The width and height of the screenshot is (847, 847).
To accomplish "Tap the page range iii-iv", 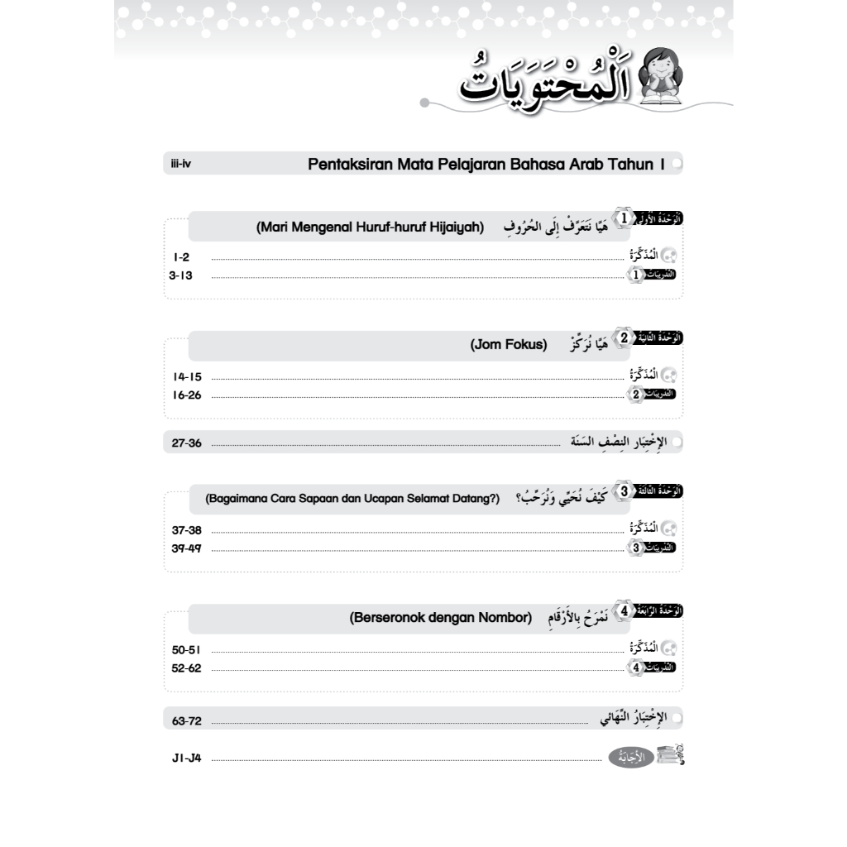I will [x=180, y=165].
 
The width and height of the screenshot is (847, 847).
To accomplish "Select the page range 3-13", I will [x=180, y=275].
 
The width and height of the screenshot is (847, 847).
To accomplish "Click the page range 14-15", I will [x=187, y=376].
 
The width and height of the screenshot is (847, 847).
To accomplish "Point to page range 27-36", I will [x=186, y=443].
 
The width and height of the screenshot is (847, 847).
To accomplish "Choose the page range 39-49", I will [x=187, y=548].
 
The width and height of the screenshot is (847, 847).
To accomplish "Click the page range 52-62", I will [x=187, y=668].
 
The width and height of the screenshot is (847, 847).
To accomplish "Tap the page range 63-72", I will [x=187, y=720].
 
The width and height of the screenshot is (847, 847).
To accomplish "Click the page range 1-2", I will [x=182, y=257].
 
